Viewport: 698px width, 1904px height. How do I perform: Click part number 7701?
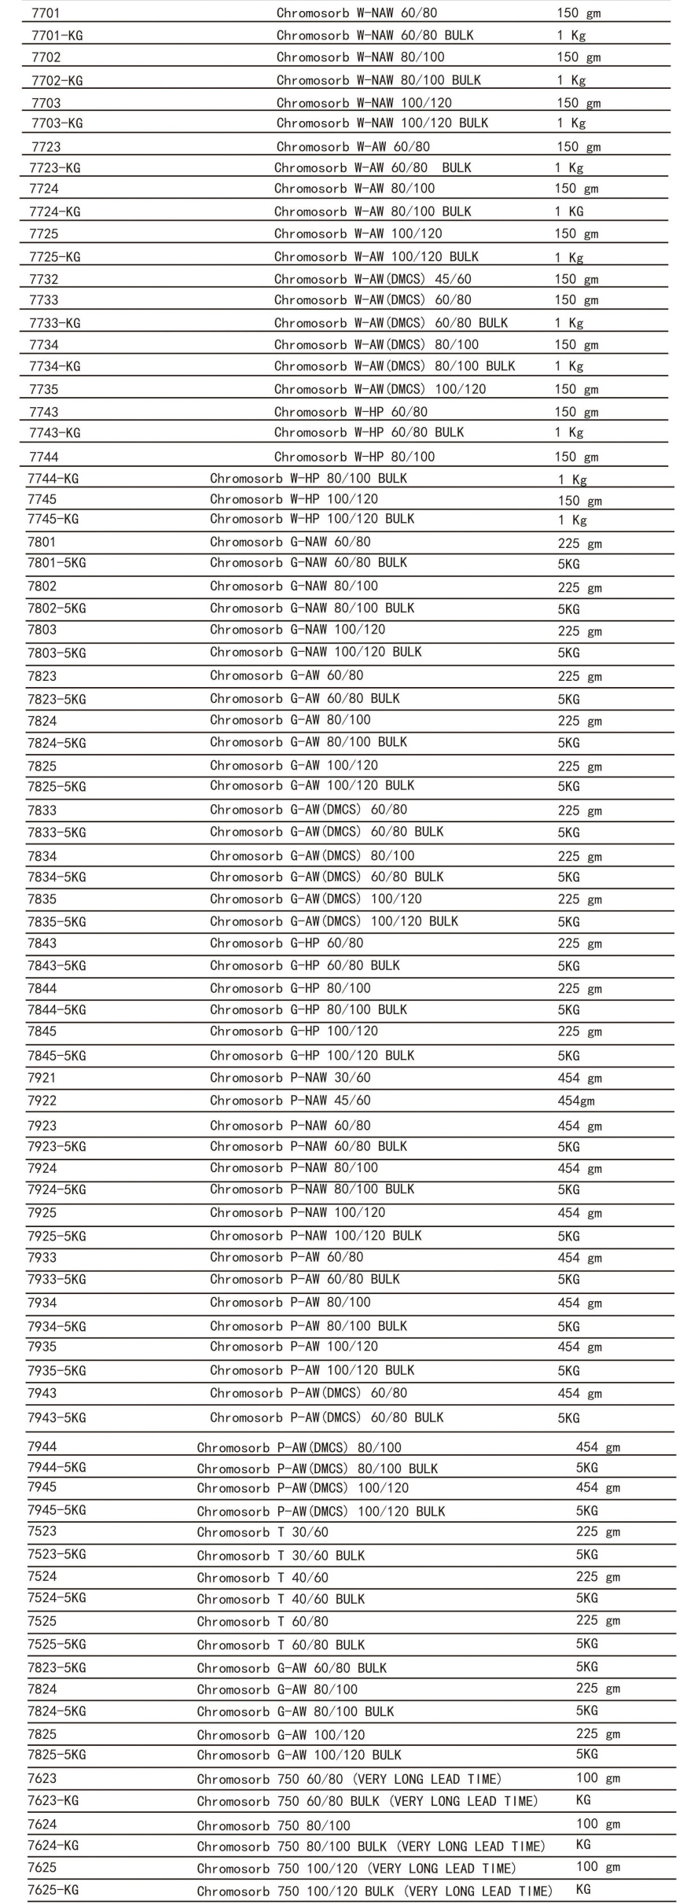(x=46, y=13)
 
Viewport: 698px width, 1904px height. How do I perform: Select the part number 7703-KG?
(x=57, y=123)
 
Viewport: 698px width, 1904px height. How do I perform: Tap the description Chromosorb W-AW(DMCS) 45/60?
(x=373, y=279)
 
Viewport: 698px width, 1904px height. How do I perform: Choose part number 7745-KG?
(x=53, y=519)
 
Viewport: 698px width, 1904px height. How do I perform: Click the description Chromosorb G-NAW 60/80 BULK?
(x=308, y=563)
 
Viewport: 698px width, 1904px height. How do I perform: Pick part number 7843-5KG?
(x=57, y=965)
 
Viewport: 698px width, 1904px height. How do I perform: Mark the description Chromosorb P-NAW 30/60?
(x=290, y=1078)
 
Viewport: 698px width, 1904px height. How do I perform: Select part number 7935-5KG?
(x=57, y=1370)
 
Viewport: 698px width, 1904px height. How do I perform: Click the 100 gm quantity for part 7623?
(x=597, y=1777)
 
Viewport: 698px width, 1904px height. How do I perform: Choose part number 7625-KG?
(x=53, y=1889)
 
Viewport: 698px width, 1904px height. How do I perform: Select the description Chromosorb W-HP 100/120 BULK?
(x=312, y=519)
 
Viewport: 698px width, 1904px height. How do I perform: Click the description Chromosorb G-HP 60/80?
(x=286, y=943)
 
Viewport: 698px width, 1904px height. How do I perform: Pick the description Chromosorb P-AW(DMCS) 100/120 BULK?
(x=321, y=1511)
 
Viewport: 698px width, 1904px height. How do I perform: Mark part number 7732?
(x=44, y=279)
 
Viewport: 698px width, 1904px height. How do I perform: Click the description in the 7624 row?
(x=274, y=1825)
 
